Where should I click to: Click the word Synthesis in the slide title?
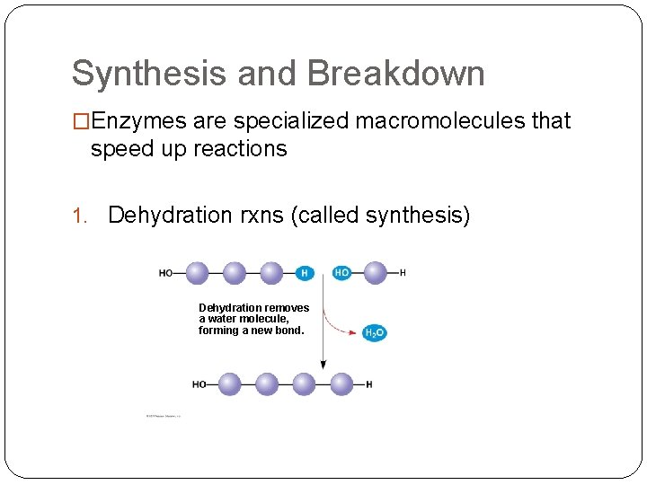[x=148, y=74]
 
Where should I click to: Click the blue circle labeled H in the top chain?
[x=305, y=273]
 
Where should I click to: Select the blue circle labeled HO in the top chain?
[x=341, y=273]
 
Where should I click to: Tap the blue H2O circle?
[x=375, y=332]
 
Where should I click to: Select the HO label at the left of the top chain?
[x=166, y=273]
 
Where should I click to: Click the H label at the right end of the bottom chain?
[x=369, y=384]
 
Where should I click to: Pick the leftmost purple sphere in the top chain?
[x=196, y=273]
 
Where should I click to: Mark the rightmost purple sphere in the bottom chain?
[x=341, y=384]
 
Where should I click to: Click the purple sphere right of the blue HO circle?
[x=375, y=273]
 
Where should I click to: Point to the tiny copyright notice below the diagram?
[x=164, y=416]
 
